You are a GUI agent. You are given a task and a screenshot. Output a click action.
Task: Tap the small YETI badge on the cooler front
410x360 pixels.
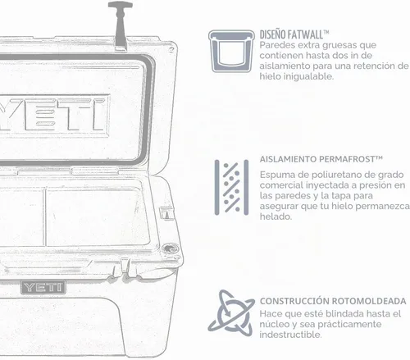click(x=43, y=287)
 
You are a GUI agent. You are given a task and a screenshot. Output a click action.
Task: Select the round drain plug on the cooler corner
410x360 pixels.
click(x=170, y=249)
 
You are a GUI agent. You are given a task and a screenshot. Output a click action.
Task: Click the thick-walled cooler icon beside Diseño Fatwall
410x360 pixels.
click(x=231, y=51)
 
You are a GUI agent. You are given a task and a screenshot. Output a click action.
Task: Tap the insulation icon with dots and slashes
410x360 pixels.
click(x=231, y=188)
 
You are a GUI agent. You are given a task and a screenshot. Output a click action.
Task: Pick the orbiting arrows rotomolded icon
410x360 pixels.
click(x=231, y=313)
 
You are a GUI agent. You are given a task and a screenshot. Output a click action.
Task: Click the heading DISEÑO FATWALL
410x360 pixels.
click(x=294, y=34)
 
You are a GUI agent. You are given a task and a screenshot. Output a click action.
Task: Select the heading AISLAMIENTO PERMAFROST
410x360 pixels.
click(x=321, y=159)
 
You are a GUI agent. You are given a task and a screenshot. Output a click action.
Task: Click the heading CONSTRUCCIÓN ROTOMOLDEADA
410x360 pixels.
click(x=333, y=301)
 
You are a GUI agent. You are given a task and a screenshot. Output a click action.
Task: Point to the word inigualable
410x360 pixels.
click(x=308, y=76)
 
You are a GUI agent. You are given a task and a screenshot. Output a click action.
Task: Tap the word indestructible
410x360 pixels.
click(x=290, y=335)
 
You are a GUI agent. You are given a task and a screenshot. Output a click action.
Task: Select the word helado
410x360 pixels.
click(x=276, y=216)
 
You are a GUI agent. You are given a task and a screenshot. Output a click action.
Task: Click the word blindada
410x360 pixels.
click(x=344, y=313)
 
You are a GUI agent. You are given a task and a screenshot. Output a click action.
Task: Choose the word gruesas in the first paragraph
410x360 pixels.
click(x=337, y=45)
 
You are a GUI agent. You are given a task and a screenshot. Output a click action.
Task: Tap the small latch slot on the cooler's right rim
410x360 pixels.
click(x=166, y=213)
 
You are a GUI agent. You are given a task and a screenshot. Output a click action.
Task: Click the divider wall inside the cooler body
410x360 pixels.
click(x=45, y=217)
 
